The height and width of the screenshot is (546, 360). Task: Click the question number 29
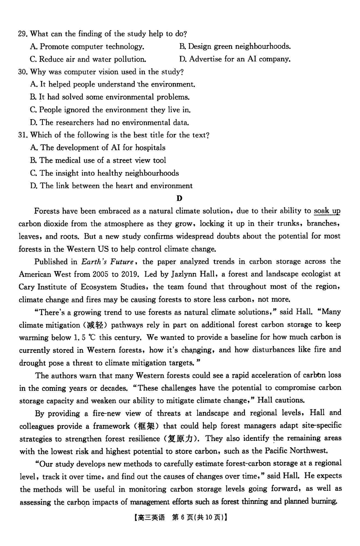[x=23, y=34]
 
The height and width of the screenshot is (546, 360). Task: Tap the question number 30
[x=23, y=72]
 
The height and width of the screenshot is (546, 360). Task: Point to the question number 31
[x=23, y=135]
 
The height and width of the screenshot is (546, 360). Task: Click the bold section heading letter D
[x=179, y=198]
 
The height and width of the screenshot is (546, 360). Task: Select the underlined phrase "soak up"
[x=327, y=211]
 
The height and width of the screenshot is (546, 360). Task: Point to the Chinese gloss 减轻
[x=96, y=325]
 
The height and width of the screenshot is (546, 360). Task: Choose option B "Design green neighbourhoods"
[x=235, y=47]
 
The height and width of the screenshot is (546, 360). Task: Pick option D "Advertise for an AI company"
[x=235, y=59]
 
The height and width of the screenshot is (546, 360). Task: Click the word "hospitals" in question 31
[x=150, y=148]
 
